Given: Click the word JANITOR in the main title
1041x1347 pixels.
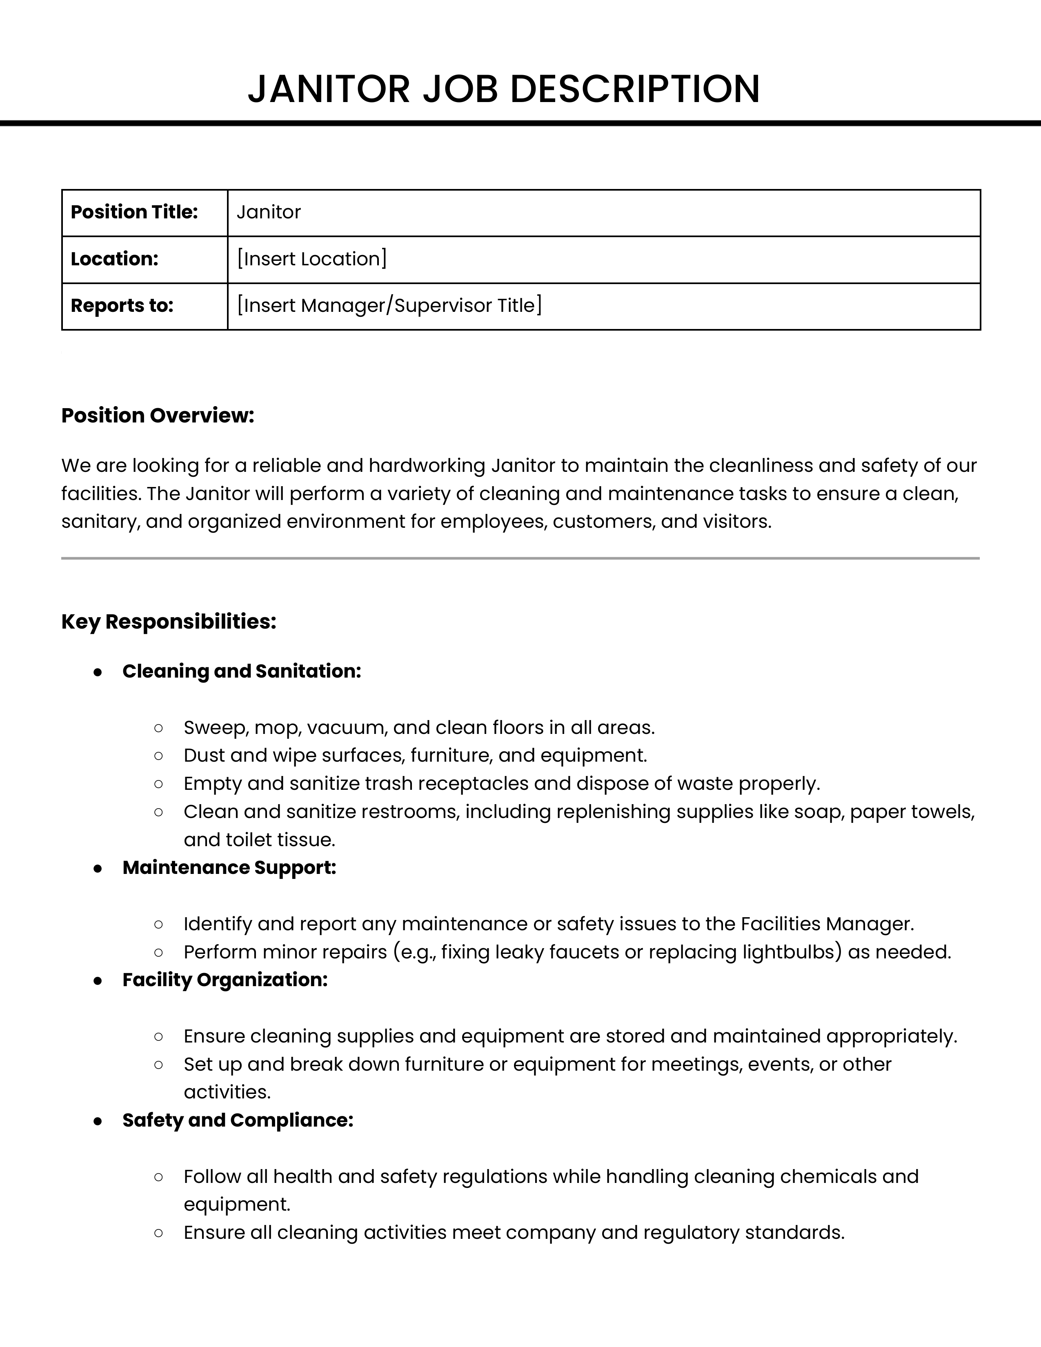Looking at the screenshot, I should pyautogui.click(x=329, y=89).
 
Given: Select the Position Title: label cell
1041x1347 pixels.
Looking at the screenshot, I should pyautogui.click(x=134, y=212).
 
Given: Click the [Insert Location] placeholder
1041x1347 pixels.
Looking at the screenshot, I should pyautogui.click(x=311, y=259).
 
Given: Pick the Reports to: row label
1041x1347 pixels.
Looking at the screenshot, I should pyautogui.click(x=122, y=306).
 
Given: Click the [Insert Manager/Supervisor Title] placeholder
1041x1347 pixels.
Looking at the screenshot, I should pyautogui.click(x=389, y=306).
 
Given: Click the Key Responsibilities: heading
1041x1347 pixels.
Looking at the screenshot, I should pyautogui.click(x=168, y=622).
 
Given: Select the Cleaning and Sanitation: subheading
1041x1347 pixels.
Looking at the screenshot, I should pyautogui.click(x=241, y=671).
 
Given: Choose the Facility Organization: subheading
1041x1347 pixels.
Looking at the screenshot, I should pyautogui.click(x=225, y=980).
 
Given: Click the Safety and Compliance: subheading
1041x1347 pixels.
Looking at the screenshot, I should pyautogui.click(x=238, y=1120).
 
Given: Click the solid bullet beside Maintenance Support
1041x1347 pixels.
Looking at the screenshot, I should pyautogui.click(x=98, y=868).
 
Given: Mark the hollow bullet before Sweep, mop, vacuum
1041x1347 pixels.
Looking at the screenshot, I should pyautogui.click(x=158, y=728).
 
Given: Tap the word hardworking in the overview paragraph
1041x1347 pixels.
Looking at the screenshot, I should pyautogui.click(x=427, y=466).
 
